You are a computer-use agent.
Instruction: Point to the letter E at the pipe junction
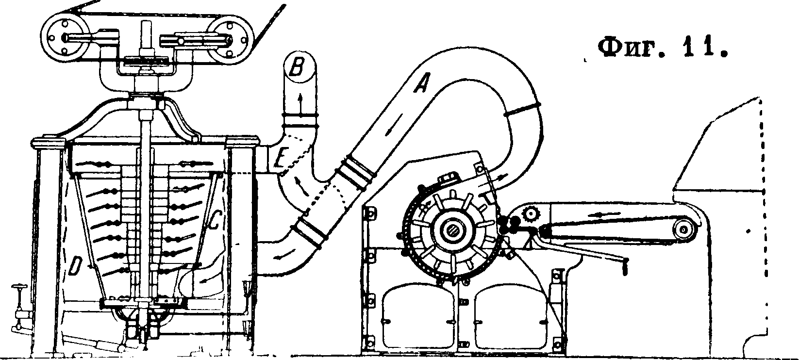[x=279, y=159]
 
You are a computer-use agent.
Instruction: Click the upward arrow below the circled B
[x=300, y=103]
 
